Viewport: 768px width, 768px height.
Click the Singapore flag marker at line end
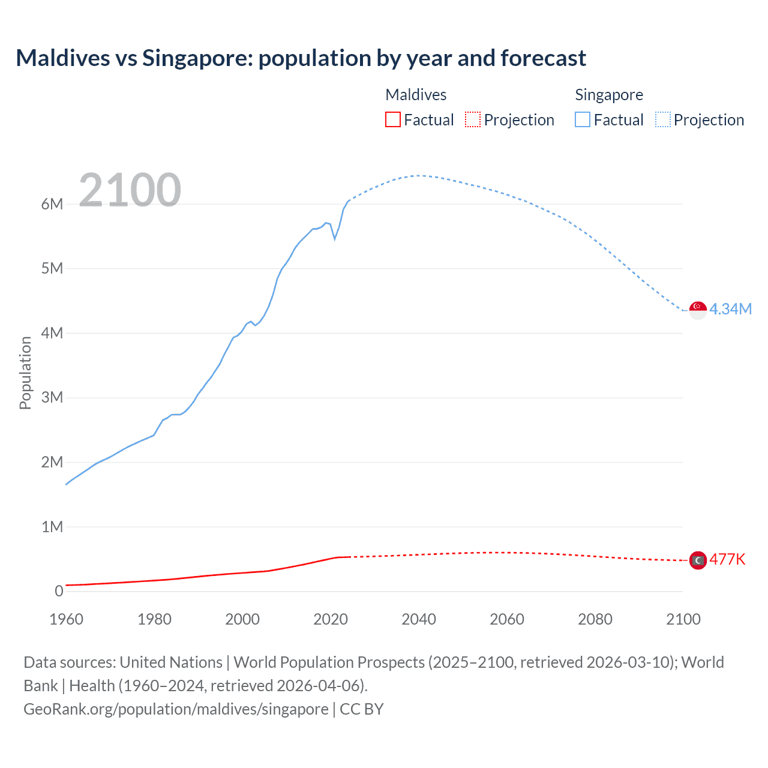698,310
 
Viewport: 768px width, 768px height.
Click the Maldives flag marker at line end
698,560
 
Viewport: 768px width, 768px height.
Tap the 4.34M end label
730,309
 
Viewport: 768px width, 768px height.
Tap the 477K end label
727,559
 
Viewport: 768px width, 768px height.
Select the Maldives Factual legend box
393,119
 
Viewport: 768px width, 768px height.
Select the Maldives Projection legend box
473,119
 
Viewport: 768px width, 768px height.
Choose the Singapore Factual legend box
583,119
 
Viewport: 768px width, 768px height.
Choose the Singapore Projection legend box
662,119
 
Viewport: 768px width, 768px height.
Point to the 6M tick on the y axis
52,204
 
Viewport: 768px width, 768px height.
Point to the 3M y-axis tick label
52,397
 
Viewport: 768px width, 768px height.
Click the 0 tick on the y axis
59,591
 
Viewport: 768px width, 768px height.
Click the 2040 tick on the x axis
419,619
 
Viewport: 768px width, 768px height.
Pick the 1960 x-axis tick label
66,619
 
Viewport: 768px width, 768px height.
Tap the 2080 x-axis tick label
595,619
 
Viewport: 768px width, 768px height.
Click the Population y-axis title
25,373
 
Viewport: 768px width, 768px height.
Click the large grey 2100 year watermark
130,190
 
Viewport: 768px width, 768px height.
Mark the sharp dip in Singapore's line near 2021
335,239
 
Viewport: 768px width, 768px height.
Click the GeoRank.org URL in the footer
176,709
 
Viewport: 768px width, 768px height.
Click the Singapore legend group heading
608,95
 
